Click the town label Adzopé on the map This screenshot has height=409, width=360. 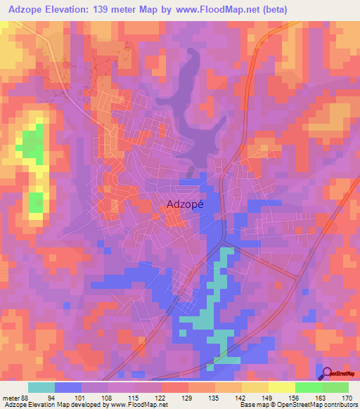186,204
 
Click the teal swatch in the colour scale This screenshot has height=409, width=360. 41,387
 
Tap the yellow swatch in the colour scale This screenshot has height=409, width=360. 281,387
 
